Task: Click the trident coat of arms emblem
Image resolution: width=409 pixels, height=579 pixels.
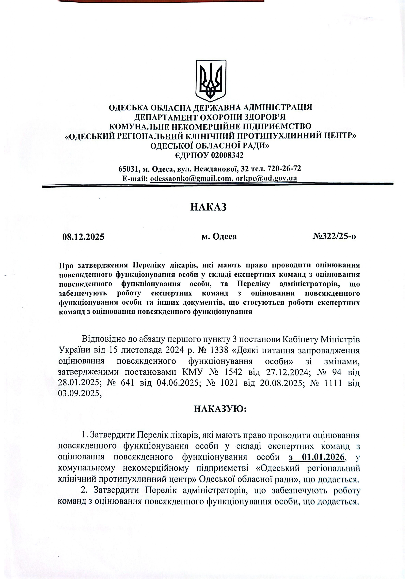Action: [x=211, y=80]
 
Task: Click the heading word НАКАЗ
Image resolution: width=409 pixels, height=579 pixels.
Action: [x=208, y=207]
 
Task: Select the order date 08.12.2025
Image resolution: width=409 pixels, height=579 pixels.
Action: [x=83, y=237]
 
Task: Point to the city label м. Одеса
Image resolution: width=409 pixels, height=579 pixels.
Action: [x=219, y=237]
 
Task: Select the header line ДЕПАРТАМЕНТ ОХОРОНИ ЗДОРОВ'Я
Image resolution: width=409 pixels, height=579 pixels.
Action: [x=210, y=117]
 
